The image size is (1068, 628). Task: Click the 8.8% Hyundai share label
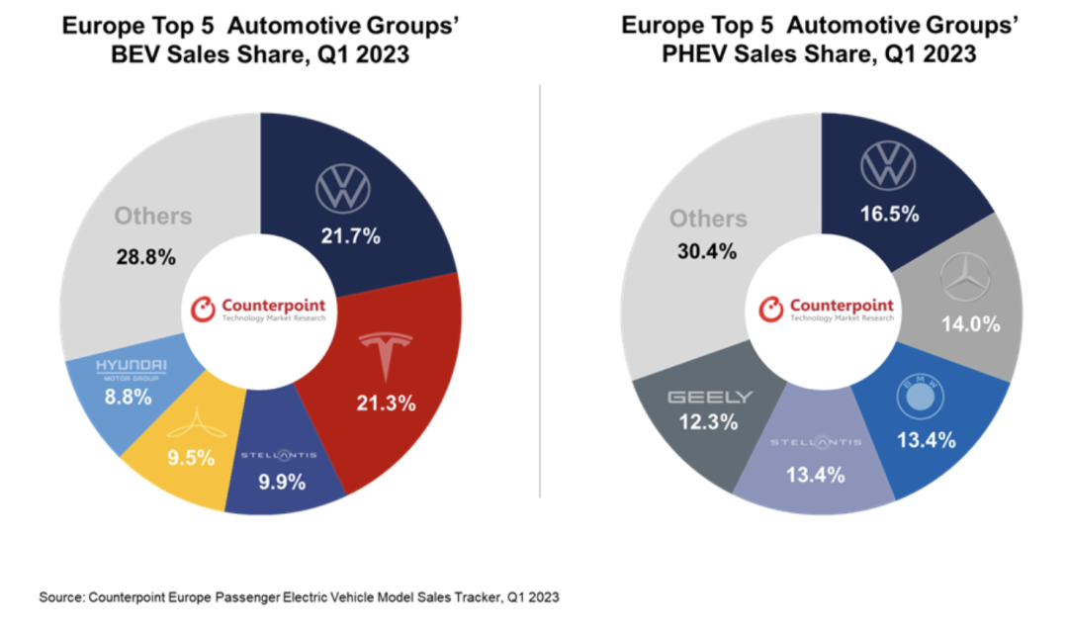click(129, 398)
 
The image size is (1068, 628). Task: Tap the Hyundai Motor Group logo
click(131, 369)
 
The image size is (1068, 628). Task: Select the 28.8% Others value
click(147, 258)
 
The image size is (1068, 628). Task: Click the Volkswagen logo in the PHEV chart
click(888, 165)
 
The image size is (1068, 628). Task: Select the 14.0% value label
click(970, 323)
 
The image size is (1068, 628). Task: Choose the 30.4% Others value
click(706, 251)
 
